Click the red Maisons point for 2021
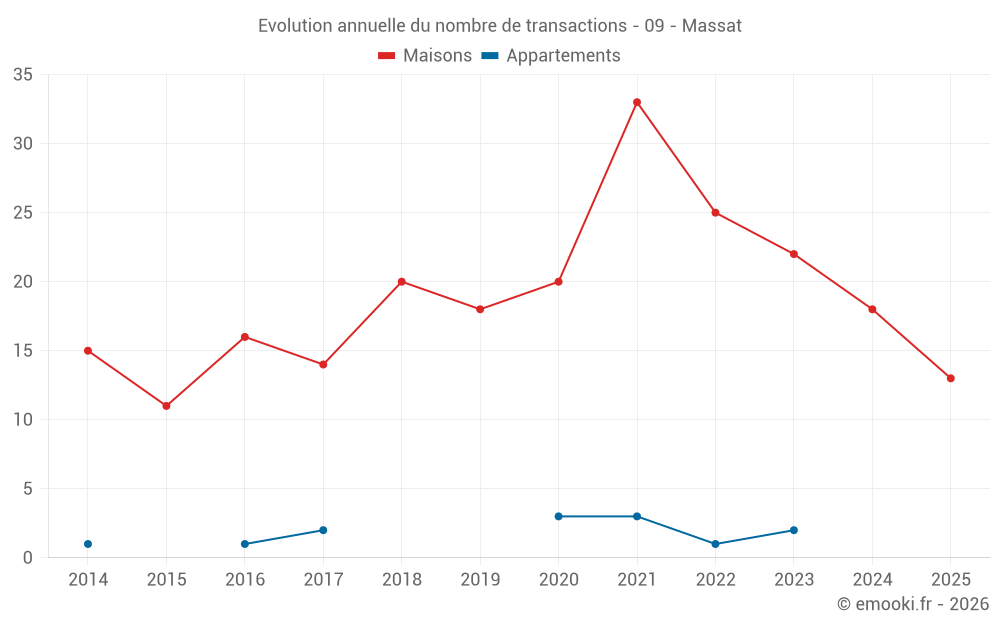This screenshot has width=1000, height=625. pos(637,102)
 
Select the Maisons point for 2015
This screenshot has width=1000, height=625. pos(166,406)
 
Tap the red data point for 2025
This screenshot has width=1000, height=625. pos(951,378)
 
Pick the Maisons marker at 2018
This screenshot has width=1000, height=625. pos(402,282)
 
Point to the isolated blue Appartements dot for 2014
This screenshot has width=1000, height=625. pos(88,544)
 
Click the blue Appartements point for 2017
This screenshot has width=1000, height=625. pos(323,530)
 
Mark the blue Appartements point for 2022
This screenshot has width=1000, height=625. pos(715,544)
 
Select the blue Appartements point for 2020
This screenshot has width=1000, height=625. pos(558,516)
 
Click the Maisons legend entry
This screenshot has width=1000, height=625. pos(425,56)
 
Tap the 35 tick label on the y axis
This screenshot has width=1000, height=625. pos(23,75)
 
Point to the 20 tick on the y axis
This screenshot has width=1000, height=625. pos(23,282)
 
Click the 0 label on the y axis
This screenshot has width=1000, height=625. pos(28,558)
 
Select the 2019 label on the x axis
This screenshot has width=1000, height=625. pos(480,580)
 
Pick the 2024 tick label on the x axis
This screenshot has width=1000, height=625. pos(872,580)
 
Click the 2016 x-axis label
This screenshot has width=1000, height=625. pos(245,580)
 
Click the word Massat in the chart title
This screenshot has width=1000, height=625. pos(712,26)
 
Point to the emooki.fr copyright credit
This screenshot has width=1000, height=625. pos(913,604)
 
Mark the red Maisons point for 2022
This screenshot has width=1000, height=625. pos(715,213)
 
